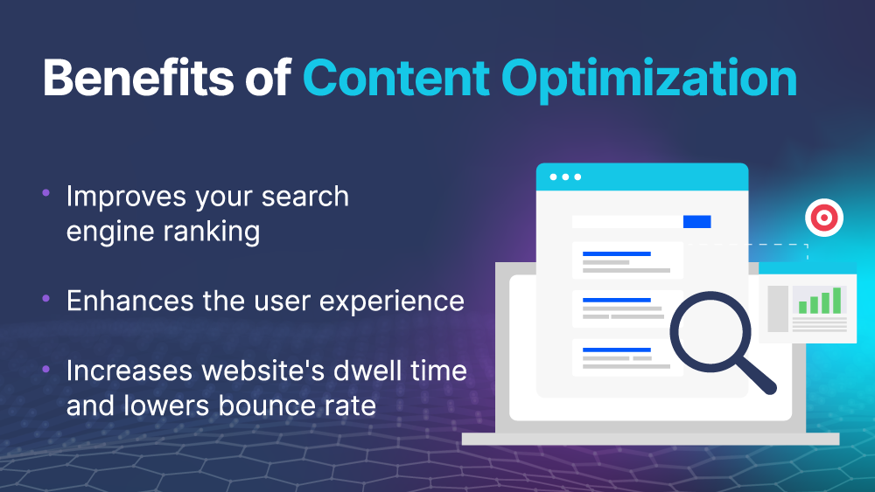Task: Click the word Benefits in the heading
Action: [138, 78]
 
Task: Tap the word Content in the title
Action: [396, 78]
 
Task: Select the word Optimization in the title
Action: [649, 80]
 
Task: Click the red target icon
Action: [824, 218]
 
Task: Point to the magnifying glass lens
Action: [710, 332]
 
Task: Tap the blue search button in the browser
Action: [697, 222]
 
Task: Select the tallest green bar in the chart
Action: [836, 301]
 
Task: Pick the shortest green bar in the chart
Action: [803, 307]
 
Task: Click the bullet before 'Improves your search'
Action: [45, 193]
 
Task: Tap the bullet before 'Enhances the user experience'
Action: [45, 298]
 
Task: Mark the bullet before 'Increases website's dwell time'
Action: [45, 368]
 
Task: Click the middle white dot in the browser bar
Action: [565, 177]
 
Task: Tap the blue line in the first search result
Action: [617, 254]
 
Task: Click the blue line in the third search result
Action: [617, 350]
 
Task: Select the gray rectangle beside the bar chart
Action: [778, 308]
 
